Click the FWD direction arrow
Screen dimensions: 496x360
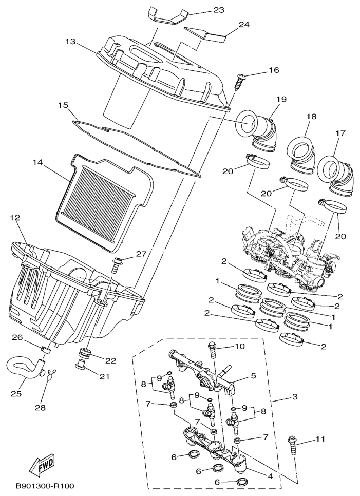pyautogui.click(x=43, y=464)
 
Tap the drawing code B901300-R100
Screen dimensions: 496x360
pyautogui.click(x=45, y=486)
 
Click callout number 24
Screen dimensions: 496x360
pyautogui.click(x=244, y=24)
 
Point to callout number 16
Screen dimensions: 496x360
pyautogui.click(x=273, y=70)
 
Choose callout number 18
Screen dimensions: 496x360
pyautogui.click(x=310, y=117)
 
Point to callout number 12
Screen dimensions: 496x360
pyautogui.click(x=16, y=218)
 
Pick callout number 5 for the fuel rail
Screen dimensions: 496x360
pyautogui.click(x=253, y=375)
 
